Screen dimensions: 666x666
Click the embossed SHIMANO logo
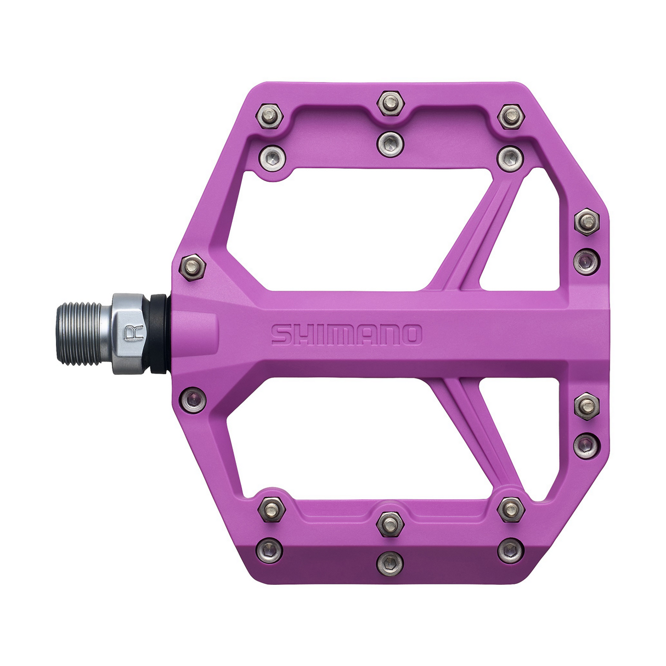[347, 334]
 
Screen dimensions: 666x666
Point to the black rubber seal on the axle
[160, 334]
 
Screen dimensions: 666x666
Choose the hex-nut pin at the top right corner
[511, 116]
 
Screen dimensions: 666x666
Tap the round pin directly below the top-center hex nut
[390, 144]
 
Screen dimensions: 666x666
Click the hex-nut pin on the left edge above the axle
[193, 268]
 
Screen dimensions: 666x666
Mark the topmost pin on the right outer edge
[586, 222]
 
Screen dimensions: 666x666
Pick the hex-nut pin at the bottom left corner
[271, 508]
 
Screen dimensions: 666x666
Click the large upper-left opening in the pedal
[340, 230]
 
